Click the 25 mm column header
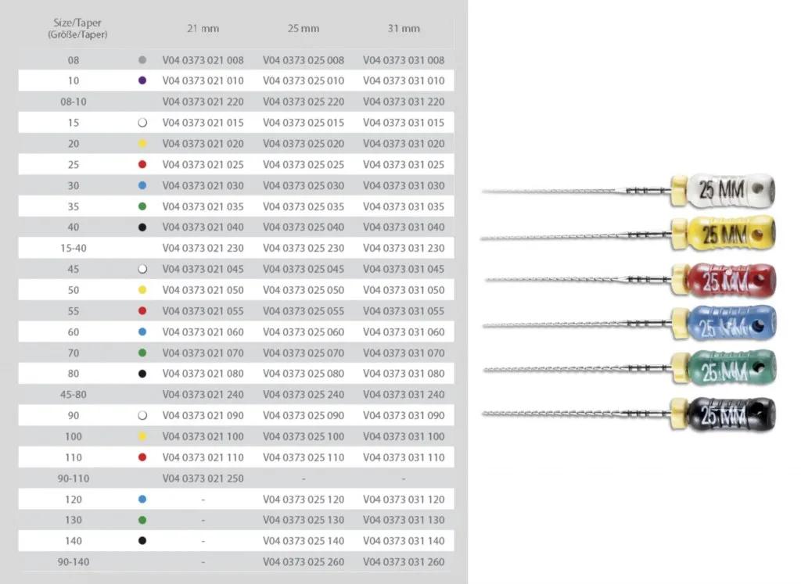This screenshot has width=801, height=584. click(304, 29)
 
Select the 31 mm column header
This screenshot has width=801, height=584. click(404, 29)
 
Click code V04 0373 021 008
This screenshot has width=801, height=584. click(203, 60)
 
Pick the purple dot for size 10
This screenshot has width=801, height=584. click(142, 81)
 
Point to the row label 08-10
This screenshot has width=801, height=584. click(74, 102)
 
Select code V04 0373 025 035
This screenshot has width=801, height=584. click(304, 206)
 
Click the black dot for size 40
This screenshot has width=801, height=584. click(142, 228)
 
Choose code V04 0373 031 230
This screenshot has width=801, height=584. click(404, 248)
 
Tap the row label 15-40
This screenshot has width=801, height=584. click(74, 248)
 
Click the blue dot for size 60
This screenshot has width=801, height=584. click(142, 331)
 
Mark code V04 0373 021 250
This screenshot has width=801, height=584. click(203, 478)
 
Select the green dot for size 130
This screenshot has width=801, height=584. click(142, 520)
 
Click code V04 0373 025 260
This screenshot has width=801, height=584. click(304, 562)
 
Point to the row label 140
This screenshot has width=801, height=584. click(74, 541)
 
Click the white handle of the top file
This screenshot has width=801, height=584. click(731, 190)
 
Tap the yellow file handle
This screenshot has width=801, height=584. click(731, 234)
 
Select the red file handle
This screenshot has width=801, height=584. click(731, 280)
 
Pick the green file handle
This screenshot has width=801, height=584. click(731, 368)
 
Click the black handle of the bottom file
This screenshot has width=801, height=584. click(731, 414)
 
